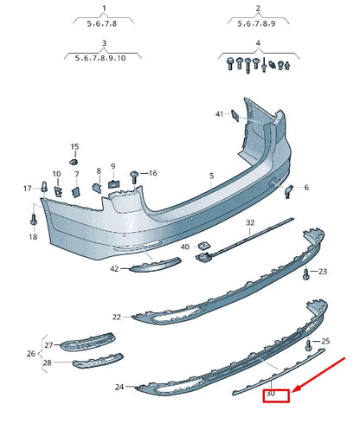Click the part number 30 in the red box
[x=271, y=395]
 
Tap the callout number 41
[x=220, y=114]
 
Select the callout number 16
[x=152, y=173]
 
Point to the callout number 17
[x=27, y=188]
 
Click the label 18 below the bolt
[x=33, y=235]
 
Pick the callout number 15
[x=74, y=147]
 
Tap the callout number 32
[x=250, y=222]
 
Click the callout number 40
[x=184, y=247]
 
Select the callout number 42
[x=113, y=269]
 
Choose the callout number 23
[x=322, y=272]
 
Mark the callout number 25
[x=325, y=342]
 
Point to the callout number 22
[x=117, y=318]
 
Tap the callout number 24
[x=119, y=387]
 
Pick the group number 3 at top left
[x=104, y=42]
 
